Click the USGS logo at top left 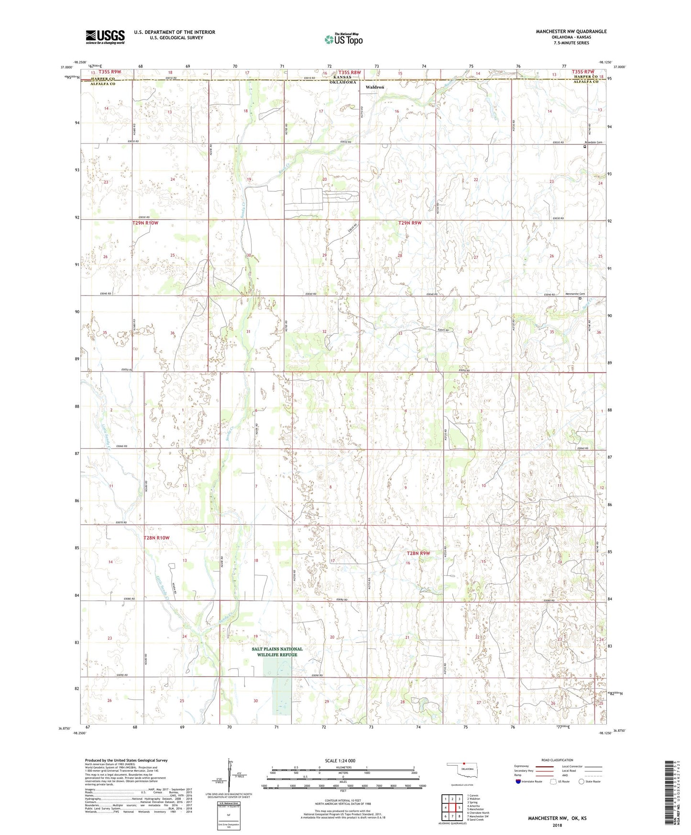point(105,37)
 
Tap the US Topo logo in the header point(343,39)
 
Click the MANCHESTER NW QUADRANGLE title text point(571,32)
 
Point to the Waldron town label point(375,87)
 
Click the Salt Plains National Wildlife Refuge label point(277,652)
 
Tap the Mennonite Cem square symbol point(581,298)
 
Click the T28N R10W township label point(156,538)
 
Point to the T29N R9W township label point(410,223)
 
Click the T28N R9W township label point(418,553)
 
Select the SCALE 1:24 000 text point(340,760)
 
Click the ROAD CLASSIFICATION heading point(558,760)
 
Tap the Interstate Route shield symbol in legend point(518,781)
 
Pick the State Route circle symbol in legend point(581,781)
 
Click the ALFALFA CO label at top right point(586,82)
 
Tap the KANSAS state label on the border point(342,77)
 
